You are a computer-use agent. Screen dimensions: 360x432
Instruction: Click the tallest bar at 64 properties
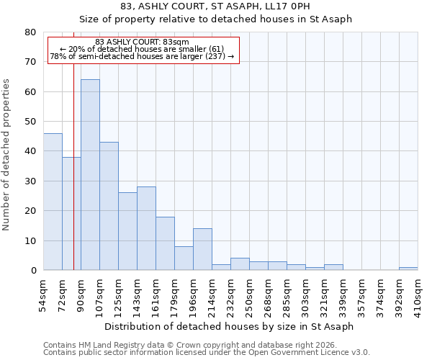point(90,175)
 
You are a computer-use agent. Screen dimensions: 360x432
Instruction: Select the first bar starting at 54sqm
point(53,202)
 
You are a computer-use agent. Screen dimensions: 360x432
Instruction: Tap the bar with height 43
point(109,206)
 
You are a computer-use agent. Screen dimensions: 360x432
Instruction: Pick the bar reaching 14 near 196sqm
point(202,249)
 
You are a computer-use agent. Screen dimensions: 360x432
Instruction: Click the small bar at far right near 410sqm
point(408,269)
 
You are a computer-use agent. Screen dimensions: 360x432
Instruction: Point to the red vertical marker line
point(73,166)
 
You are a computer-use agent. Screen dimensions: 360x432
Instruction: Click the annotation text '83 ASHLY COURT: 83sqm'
point(142,42)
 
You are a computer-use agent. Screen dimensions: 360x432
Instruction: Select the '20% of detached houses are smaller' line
point(142,49)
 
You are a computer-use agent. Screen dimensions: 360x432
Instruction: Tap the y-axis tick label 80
point(30,32)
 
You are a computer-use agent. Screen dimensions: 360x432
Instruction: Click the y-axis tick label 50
point(30,122)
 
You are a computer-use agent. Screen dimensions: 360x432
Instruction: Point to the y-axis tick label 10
point(30,240)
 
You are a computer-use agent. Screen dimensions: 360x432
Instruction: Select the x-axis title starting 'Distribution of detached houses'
point(229,326)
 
